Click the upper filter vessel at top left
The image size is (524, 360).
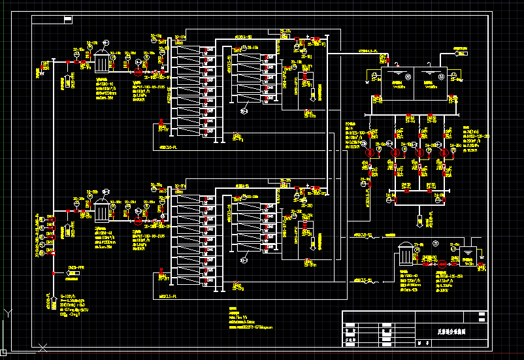103,62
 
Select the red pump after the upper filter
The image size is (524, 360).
138,67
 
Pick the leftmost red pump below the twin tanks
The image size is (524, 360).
370,152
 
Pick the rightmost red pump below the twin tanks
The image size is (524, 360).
445,152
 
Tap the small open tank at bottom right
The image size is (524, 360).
468,256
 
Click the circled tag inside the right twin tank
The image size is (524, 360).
440,76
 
